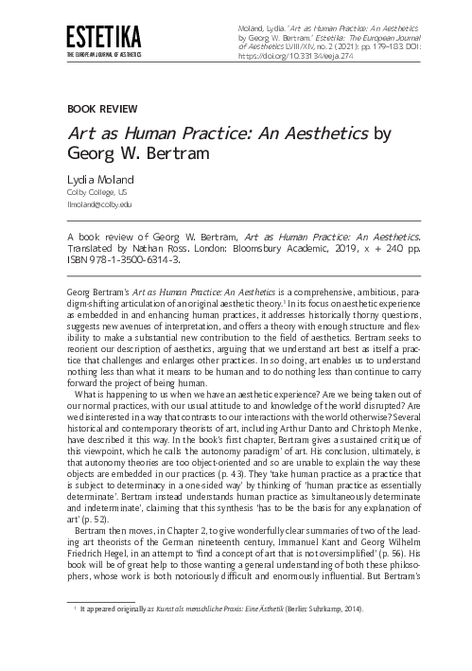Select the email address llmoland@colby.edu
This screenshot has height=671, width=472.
pos(99,204)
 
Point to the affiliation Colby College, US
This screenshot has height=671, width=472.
pos(95,192)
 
